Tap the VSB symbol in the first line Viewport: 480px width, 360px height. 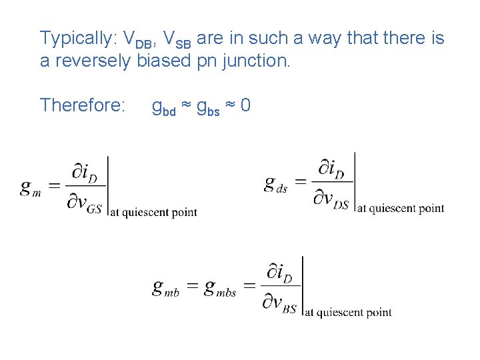(x=177, y=40)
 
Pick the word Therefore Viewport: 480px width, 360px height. (x=83, y=105)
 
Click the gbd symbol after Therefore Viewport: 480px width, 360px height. (x=164, y=107)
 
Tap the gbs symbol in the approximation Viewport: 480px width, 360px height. (x=207, y=107)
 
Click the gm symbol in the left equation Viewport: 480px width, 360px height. (x=31, y=188)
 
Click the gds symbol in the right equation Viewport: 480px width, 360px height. (x=275, y=184)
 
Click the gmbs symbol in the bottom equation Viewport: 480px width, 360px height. (x=220, y=288)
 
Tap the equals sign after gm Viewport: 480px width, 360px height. (x=55, y=187)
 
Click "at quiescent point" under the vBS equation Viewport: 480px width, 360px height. (x=348, y=312)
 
